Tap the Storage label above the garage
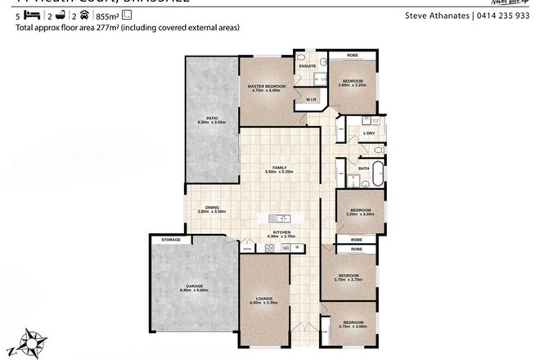pyautogui.click(x=171, y=240)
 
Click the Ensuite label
pyautogui.click(x=308, y=66)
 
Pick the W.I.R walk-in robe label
pyautogui.click(x=311, y=100)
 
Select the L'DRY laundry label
pyautogui.click(x=368, y=133)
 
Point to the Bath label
pyautogui.click(x=364, y=169)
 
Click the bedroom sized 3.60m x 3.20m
pyautogui.click(x=353, y=83)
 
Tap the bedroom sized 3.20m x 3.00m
pyautogui.click(x=361, y=211)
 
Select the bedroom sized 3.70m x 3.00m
pyautogui.click(x=353, y=324)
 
